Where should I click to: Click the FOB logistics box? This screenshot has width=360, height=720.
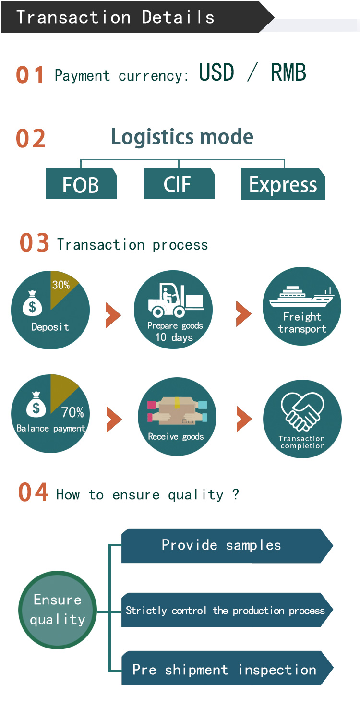[x=81, y=184]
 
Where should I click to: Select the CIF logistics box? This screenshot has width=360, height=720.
[x=179, y=184]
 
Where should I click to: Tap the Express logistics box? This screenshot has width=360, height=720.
[x=283, y=184]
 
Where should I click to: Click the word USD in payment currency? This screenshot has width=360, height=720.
[x=216, y=73]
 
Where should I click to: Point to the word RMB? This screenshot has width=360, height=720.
[x=288, y=73]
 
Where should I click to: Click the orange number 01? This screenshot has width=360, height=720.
[x=30, y=75]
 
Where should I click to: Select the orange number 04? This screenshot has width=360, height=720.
[x=33, y=493]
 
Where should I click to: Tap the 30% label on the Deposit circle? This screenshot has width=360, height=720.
[x=61, y=285]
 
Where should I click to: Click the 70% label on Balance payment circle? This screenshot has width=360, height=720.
[x=72, y=412]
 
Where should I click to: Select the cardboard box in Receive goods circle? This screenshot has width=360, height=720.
[x=177, y=411]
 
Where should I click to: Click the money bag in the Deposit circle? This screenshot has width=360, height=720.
[x=33, y=304]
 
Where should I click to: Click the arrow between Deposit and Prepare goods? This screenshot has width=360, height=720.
[x=113, y=315]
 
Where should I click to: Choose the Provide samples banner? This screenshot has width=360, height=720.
[x=226, y=546]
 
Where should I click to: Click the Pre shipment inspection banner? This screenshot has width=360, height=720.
[x=226, y=668]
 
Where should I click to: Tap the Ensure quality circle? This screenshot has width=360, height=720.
[x=58, y=610]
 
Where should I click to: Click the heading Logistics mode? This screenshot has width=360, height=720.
[x=182, y=137]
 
